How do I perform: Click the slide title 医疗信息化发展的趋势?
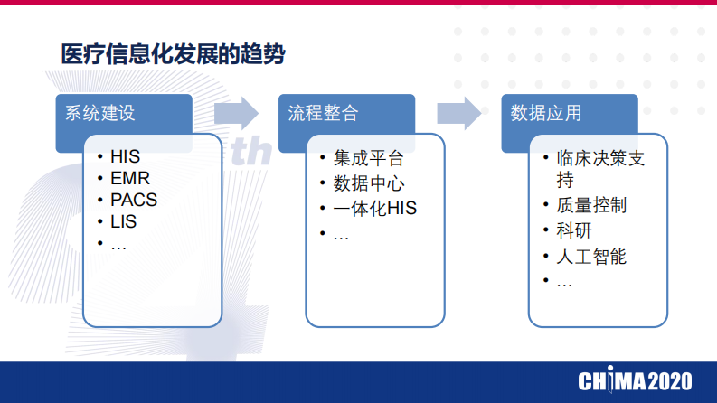tap(173, 54)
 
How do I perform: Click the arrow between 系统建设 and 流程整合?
tap(236, 113)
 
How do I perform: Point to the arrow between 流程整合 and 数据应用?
tap(458, 113)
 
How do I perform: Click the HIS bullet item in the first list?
tap(126, 156)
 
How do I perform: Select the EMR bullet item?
tap(130, 178)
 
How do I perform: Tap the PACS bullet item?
tap(134, 200)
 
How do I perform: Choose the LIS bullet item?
tap(124, 221)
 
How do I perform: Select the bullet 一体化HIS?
tap(374, 210)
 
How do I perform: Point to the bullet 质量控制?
tap(591, 206)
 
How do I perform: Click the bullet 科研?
tap(574, 230)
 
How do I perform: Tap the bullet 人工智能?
tap(591, 257)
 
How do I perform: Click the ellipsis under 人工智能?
tap(564, 282)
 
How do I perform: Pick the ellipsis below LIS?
tap(118, 243)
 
